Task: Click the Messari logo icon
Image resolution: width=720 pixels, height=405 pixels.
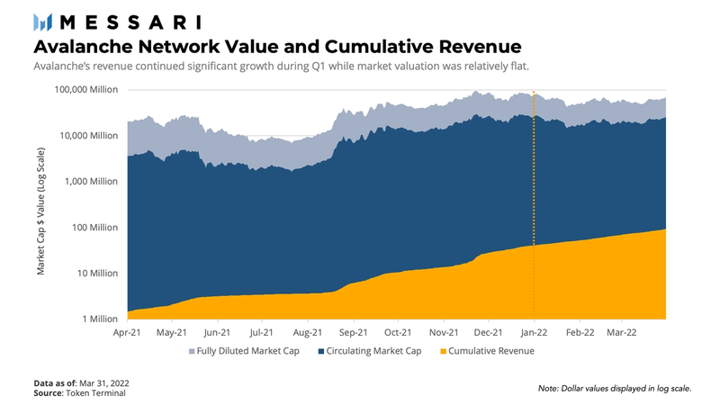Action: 41,22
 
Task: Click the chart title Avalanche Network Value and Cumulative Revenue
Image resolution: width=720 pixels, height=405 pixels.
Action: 277,46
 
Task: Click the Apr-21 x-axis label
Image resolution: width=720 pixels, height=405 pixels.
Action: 128,333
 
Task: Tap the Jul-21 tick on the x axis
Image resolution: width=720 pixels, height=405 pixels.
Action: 262,333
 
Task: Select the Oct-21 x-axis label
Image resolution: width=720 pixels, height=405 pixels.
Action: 398,333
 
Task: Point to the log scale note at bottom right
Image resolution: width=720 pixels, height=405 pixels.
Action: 616,388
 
